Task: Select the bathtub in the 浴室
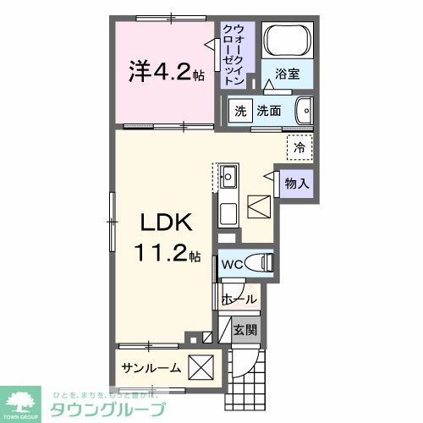coord(288,40)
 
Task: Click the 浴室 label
coord(288,74)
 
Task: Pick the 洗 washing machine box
coord(240,111)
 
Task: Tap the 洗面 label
coord(269,111)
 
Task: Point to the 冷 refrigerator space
coord(299,147)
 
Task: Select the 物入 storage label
coord(295,183)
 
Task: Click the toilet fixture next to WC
coord(261,263)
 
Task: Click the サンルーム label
coord(151,368)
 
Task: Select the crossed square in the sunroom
coord(201,368)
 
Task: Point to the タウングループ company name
coord(109,408)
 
